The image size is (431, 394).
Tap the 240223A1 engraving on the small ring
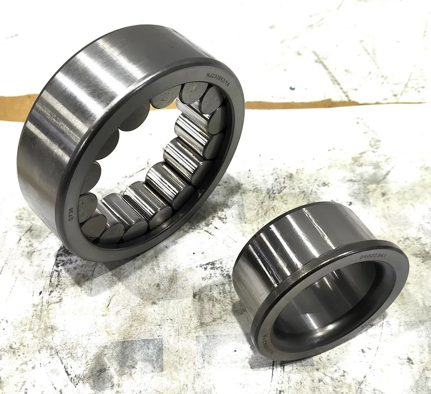click(371, 255)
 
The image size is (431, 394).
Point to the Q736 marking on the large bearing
click(69, 213)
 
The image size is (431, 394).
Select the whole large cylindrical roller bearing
click(131, 144)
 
